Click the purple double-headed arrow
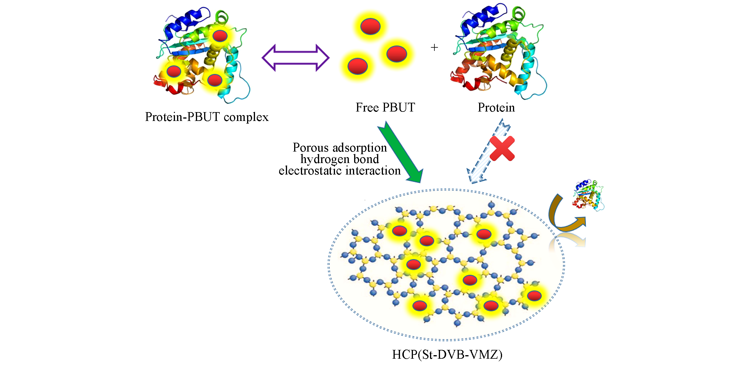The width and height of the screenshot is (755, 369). (x=295, y=58)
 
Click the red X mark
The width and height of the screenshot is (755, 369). (x=502, y=149)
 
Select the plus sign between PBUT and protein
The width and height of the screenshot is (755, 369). (x=434, y=47)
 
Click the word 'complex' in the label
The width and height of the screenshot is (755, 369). (x=246, y=117)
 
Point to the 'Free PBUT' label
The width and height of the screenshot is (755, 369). (x=385, y=108)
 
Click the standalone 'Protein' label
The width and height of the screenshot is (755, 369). (x=496, y=108)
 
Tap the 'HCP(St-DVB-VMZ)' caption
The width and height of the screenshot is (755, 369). (x=447, y=355)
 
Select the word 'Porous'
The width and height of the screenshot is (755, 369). (x=311, y=148)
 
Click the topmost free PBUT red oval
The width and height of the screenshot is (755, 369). (x=370, y=26)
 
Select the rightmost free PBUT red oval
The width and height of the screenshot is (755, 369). (x=396, y=54)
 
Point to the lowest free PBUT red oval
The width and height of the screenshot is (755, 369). (x=357, y=66)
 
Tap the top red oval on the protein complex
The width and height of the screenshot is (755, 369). (x=220, y=36)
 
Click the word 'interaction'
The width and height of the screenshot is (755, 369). (x=373, y=171)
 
